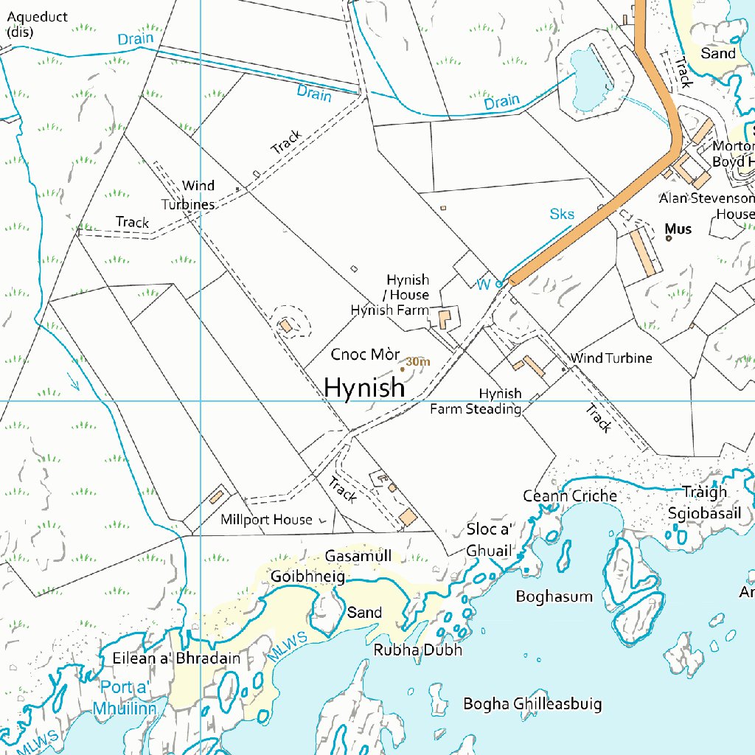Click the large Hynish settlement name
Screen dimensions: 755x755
364,387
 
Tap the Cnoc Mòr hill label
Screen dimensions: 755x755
365,355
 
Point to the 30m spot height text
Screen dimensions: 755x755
417,361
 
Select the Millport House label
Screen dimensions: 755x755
266,520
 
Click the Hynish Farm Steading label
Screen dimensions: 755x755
476,401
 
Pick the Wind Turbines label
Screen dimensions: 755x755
189,195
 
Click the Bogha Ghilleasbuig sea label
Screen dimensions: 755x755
532,704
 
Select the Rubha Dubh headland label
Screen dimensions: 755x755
418,650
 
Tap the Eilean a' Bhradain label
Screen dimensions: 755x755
176,658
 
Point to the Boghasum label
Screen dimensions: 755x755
554,596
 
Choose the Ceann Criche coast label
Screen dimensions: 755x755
570,495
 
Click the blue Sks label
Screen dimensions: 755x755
562,214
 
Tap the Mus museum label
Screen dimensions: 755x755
678,229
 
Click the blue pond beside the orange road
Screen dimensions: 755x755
592,77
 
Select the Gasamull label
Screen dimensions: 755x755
358,556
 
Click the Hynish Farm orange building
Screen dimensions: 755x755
445,319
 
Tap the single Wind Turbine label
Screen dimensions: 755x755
611,358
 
